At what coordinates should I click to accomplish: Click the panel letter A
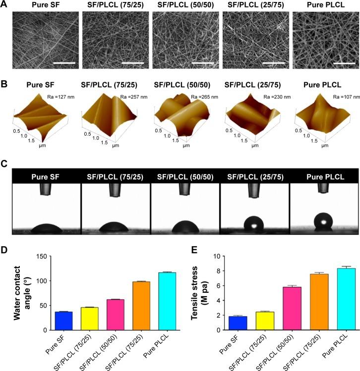tap(5, 5)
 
